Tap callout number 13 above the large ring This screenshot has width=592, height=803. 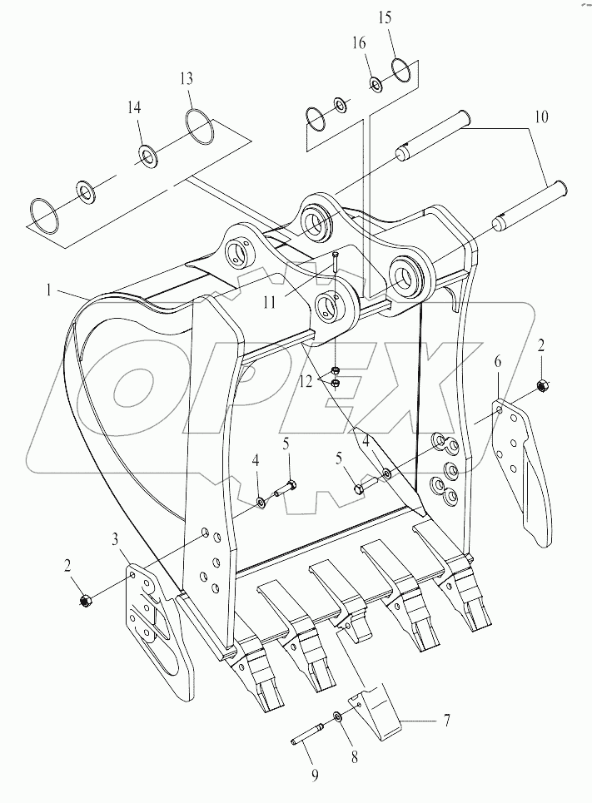(186, 79)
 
